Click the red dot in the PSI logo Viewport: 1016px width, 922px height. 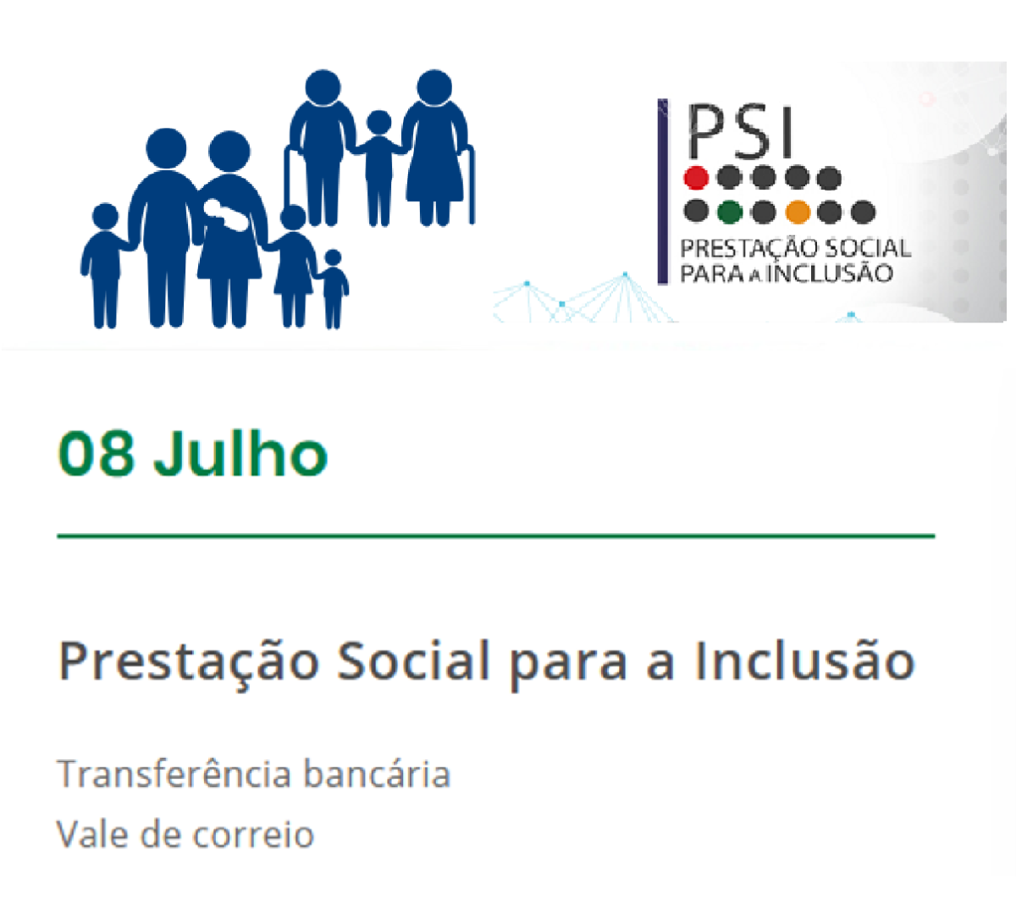695,179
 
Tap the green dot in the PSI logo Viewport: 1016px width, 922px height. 729,213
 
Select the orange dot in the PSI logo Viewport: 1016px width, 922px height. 798,213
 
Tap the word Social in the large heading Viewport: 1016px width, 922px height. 413,660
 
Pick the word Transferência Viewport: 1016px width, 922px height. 174,774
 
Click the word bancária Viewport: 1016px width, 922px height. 377,774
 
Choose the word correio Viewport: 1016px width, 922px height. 253,834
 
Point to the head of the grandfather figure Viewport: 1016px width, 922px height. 323,88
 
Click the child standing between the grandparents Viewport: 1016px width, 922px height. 378,167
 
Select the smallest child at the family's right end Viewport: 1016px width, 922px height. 332,289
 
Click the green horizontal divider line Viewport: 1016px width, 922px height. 496,535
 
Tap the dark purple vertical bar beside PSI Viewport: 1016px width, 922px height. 662,191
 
